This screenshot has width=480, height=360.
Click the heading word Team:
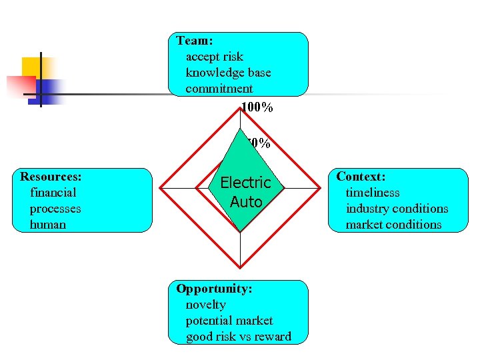pyautogui.click(x=195, y=41)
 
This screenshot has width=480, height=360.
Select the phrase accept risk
pyautogui.click(x=215, y=57)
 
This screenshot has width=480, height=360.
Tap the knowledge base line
pyautogui.click(x=228, y=73)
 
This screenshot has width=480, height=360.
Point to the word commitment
pyautogui.click(x=219, y=89)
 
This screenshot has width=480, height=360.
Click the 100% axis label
pyautogui.click(x=257, y=107)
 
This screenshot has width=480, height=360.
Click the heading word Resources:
pyautogui.click(x=51, y=177)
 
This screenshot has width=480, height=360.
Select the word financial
pyautogui.click(x=53, y=193)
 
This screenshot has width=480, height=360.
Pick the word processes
pyautogui.click(x=55, y=209)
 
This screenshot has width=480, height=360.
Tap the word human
pyautogui.click(x=48, y=225)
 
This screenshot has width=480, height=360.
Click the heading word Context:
pyautogui.click(x=361, y=177)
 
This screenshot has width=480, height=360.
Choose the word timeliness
pyautogui.click(x=373, y=193)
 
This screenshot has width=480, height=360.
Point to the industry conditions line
pyautogui.click(x=397, y=209)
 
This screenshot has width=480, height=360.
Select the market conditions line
pyautogui.click(x=393, y=225)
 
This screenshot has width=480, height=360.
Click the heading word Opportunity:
pyautogui.click(x=214, y=289)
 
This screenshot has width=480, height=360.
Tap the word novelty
pyautogui.click(x=206, y=305)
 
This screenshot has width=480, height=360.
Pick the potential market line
pyautogui.click(x=229, y=321)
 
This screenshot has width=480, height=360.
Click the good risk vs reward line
pyautogui.click(x=239, y=337)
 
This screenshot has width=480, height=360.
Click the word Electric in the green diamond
pyautogui.click(x=245, y=183)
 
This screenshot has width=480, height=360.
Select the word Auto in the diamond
pyautogui.click(x=245, y=201)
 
